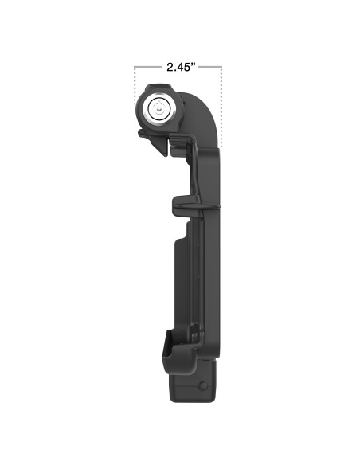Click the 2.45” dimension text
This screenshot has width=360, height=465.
point(178,68)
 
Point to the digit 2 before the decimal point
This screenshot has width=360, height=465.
point(169,68)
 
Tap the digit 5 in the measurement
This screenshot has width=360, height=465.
point(186,68)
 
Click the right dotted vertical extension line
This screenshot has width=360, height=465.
point(222,104)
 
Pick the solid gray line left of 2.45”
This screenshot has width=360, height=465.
point(148,68)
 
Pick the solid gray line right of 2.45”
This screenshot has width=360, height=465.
point(209,68)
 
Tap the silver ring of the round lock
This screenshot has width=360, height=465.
point(146,111)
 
